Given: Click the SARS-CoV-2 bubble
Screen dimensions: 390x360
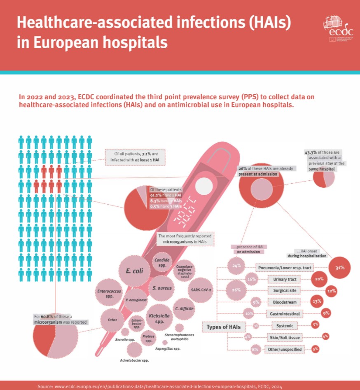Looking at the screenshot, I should pyautogui.click(x=201, y=290).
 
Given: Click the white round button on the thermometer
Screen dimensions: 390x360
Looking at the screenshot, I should pyautogui.click(x=203, y=187).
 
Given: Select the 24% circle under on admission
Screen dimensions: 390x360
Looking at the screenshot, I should pyautogui.click(x=236, y=266).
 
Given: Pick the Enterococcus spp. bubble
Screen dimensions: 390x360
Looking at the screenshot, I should pyautogui.click(x=109, y=294).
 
